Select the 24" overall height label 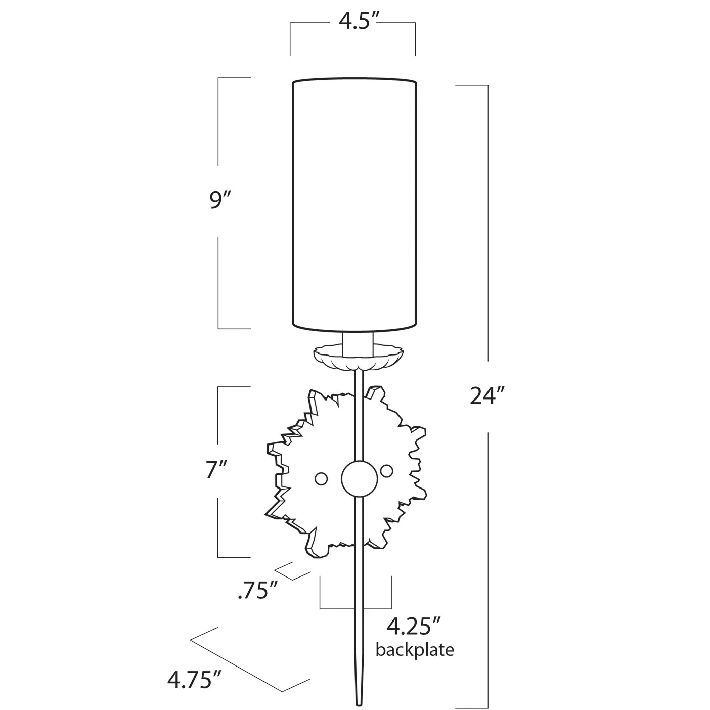tap(487, 396)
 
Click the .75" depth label tap(258, 591)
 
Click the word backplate tap(415, 650)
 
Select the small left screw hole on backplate tap(321, 478)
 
